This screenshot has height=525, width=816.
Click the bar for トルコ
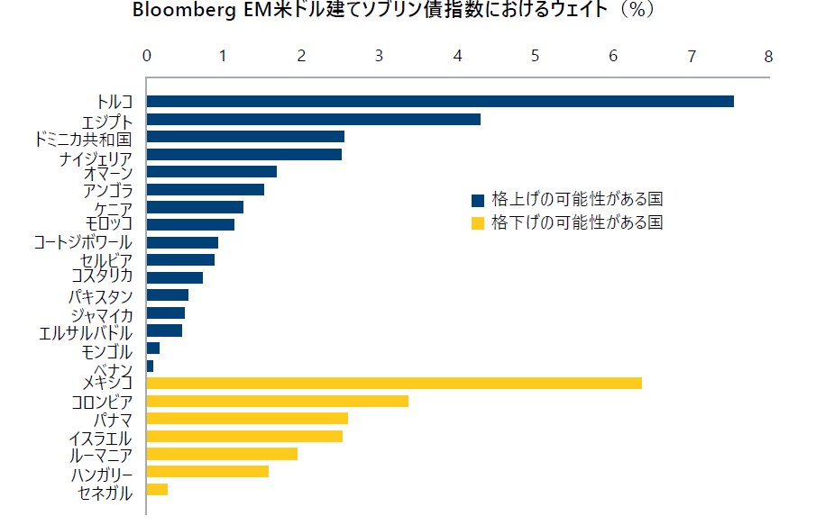(x=440, y=101)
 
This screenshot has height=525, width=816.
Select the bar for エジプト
(x=313, y=119)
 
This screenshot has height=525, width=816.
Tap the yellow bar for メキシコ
(x=394, y=383)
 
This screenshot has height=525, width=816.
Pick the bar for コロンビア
(x=277, y=401)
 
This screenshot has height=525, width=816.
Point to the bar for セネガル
(x=157, y=489)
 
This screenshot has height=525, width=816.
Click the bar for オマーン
(x=211, y=171)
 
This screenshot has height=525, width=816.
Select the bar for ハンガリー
(x=207, y=471)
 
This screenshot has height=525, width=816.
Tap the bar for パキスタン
(x=167, y=294)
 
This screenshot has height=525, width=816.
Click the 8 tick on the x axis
(x=768, y=56)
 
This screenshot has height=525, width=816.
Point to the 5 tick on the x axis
(x=536, y=56)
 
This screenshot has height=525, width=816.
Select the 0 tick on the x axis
(x=147, y=56)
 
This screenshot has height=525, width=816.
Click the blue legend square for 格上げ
(x=478, y=199)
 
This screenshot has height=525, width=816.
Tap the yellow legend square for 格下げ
(x=478, y=222)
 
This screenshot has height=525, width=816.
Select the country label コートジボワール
(x=82, y=242)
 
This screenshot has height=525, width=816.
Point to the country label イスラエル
(x=100, y=439)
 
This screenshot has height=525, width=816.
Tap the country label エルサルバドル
(x=87, y=332)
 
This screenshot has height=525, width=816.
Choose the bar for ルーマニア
(x=222, y=454)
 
